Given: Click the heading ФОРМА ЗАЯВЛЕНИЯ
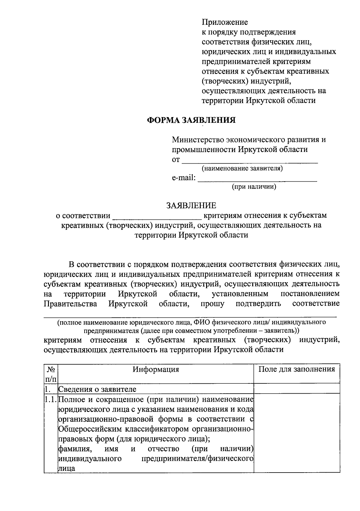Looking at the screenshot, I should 191,120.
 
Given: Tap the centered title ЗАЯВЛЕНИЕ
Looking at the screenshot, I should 191,206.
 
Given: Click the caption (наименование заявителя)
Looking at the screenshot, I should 242,168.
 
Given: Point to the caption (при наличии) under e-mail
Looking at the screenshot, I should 254,187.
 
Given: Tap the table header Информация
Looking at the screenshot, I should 156,369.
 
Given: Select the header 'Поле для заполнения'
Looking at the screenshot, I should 297,369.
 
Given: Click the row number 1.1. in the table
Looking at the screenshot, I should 50,400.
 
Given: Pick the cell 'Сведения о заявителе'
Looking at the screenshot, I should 97,389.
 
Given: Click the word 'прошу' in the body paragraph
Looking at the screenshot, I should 212,304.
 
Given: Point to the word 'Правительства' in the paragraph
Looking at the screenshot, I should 70,304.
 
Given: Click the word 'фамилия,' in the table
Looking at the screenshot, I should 74,449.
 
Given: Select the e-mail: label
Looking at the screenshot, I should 183,178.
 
